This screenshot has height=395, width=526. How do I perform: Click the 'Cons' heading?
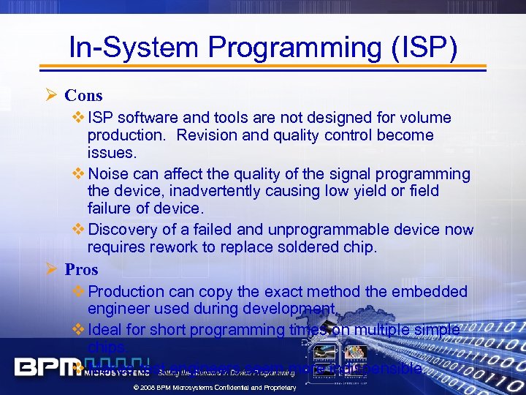[x=83, y=95]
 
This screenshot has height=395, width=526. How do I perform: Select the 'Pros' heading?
[x=81, y=269]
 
